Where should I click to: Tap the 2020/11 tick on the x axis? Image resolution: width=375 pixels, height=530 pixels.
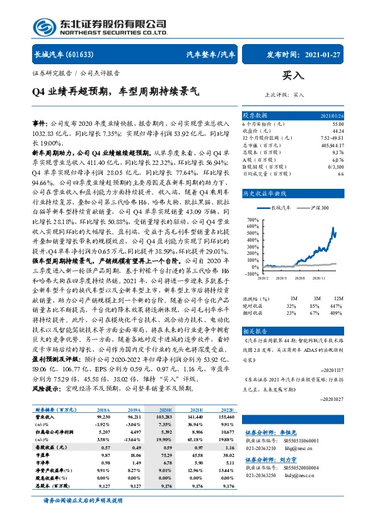coord(326,278)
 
